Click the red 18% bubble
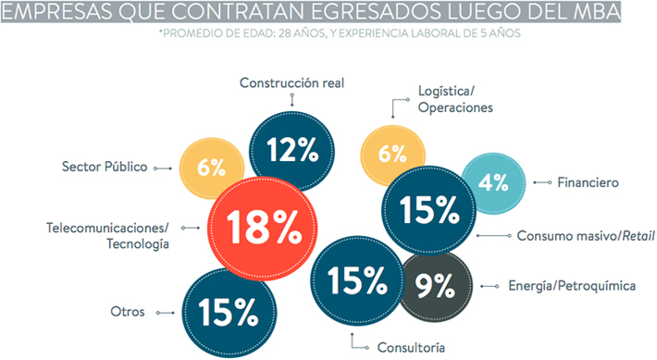point(262,229)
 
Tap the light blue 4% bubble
point(493,183)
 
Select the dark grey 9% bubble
point(436,286)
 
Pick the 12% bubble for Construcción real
point(292,151)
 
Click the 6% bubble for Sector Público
point(212,168)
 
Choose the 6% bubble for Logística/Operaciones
point(392,155)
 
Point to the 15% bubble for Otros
point(229,313)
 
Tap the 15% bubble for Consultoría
point(357,280)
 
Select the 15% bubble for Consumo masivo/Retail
point(429,210)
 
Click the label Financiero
point(588,182)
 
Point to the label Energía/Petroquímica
point(572,286)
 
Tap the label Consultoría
point(411,347)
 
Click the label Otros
point(128,312)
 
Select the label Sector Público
point(105,167)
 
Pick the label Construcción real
point(291,83)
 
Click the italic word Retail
point(638,236)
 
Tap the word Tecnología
point(138,244)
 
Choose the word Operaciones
point(455,107)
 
